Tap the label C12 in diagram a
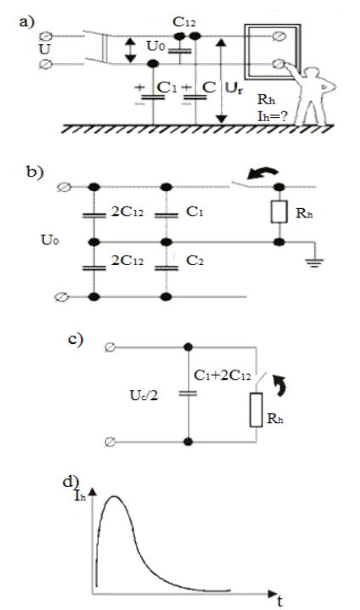(x=184, y=22)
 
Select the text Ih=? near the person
(x=273, y=116)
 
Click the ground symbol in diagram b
(x=314, y=263)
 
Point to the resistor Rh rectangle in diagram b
(x=279, y=212)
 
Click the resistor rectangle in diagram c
(x=256, y=410)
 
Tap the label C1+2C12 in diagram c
(x=222, y=376)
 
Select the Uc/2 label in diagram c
(x=143, y=396)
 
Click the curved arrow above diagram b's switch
(x=263, y=173)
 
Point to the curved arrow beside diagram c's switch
(x=280, y=385)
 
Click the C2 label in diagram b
(x=194, y=260)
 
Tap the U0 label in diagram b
(x=50, y=240)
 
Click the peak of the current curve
(x=115, y=496)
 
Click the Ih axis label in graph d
(x=80, y=495)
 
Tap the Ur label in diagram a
(x=234, y=88)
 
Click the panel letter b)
(x=35, y=172)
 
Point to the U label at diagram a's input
(x=45, y=50)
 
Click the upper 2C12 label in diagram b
(x=127, y=212)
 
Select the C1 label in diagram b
(x=194, y=212)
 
